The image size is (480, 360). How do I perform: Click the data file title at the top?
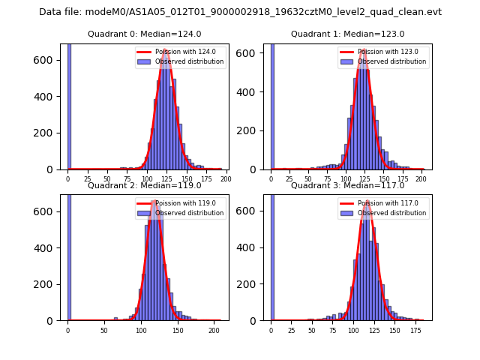click(240, 12)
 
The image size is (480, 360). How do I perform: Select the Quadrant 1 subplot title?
click(347, 34)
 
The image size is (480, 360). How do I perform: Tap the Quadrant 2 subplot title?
click(144, 185)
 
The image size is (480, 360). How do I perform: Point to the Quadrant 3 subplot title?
click(347, 185)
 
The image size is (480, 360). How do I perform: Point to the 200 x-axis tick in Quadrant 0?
click(226, 179)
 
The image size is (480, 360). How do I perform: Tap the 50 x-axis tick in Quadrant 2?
click(104, 330)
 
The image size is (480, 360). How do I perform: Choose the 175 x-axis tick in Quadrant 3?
click(415, 330)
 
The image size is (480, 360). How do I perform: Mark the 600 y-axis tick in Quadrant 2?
click(51, 211)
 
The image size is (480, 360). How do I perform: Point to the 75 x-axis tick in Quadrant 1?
click(327, 179)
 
